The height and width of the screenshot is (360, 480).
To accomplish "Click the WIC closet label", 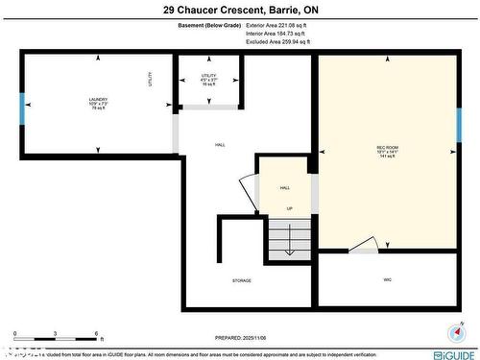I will [x=387, y=280].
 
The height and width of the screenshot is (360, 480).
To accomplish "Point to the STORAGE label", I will [x=241, y=280].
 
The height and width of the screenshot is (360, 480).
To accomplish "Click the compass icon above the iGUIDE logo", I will [x=454, y=332].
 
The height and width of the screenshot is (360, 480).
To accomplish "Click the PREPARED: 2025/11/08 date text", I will [x=240, y=338].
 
